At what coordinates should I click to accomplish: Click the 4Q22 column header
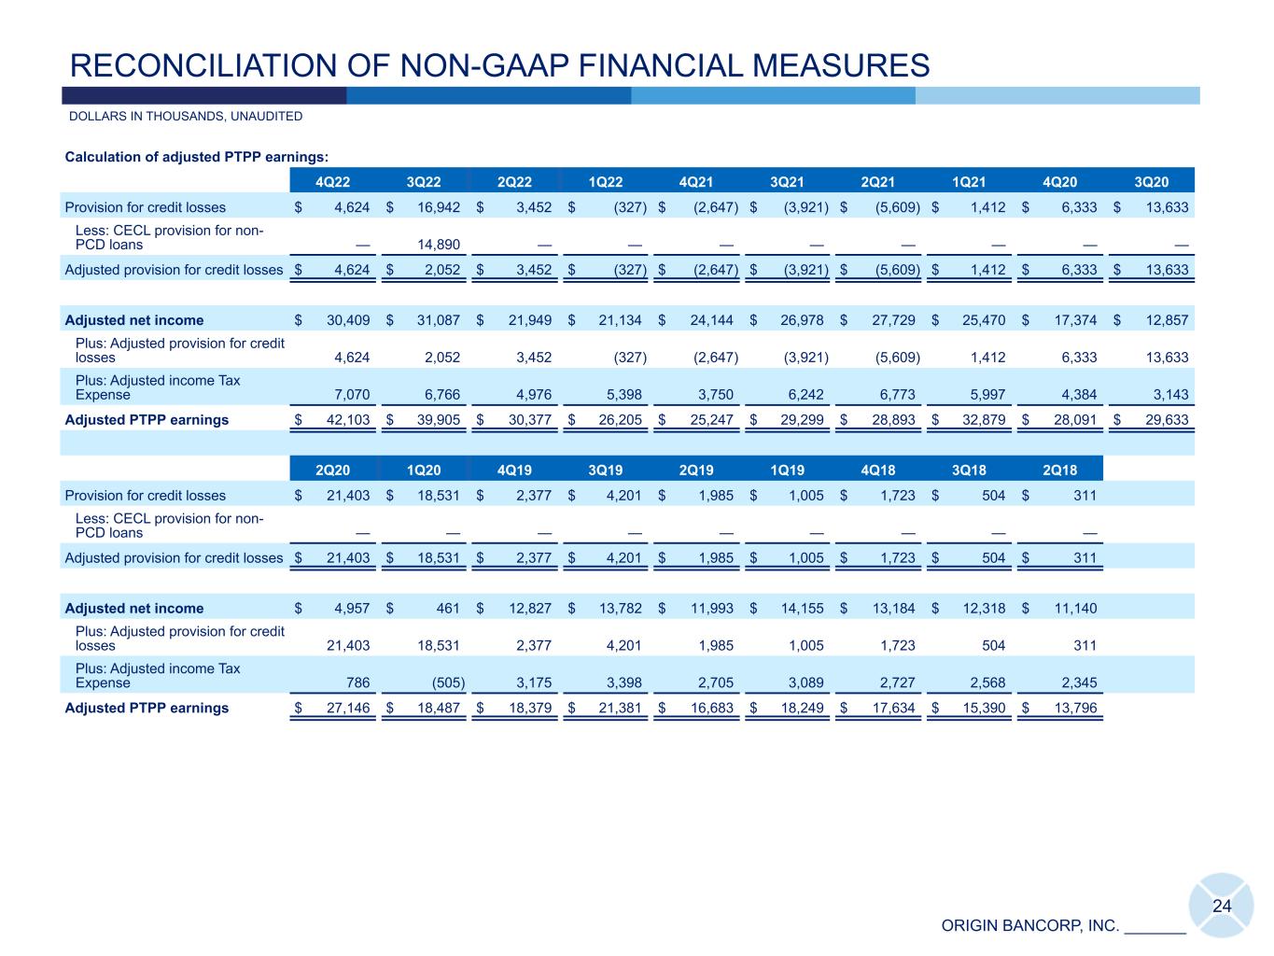(x=334, y=182)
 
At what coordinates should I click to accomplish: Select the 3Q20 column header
(x=1151, y=182)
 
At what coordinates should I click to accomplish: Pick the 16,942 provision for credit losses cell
(x=436, y=207)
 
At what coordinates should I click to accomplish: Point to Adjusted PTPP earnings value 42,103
(x=345, y=420)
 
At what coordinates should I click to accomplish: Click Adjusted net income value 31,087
(x=436, y=320)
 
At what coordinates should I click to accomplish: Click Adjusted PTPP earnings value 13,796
(x=1072, y=709)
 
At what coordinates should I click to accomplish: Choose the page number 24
(x=1222, y=906)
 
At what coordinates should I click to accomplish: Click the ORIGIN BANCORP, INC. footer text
(x=1030, y=926)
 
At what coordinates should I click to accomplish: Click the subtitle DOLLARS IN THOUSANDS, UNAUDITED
(x=186, y=117)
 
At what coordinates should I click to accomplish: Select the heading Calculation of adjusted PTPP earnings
(x=196, y=157)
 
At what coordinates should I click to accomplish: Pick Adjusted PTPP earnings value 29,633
(x=1163, y=420)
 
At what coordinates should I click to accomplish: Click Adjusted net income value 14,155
(x=800, y=609)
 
